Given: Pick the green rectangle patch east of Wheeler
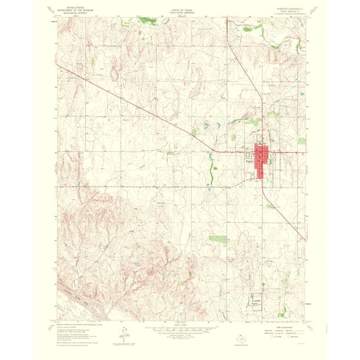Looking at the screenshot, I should [302, 141].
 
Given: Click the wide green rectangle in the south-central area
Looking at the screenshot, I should [218, 239].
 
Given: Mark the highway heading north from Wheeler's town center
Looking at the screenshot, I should [262, 118].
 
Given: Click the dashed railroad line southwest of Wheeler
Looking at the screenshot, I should [176, 188].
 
